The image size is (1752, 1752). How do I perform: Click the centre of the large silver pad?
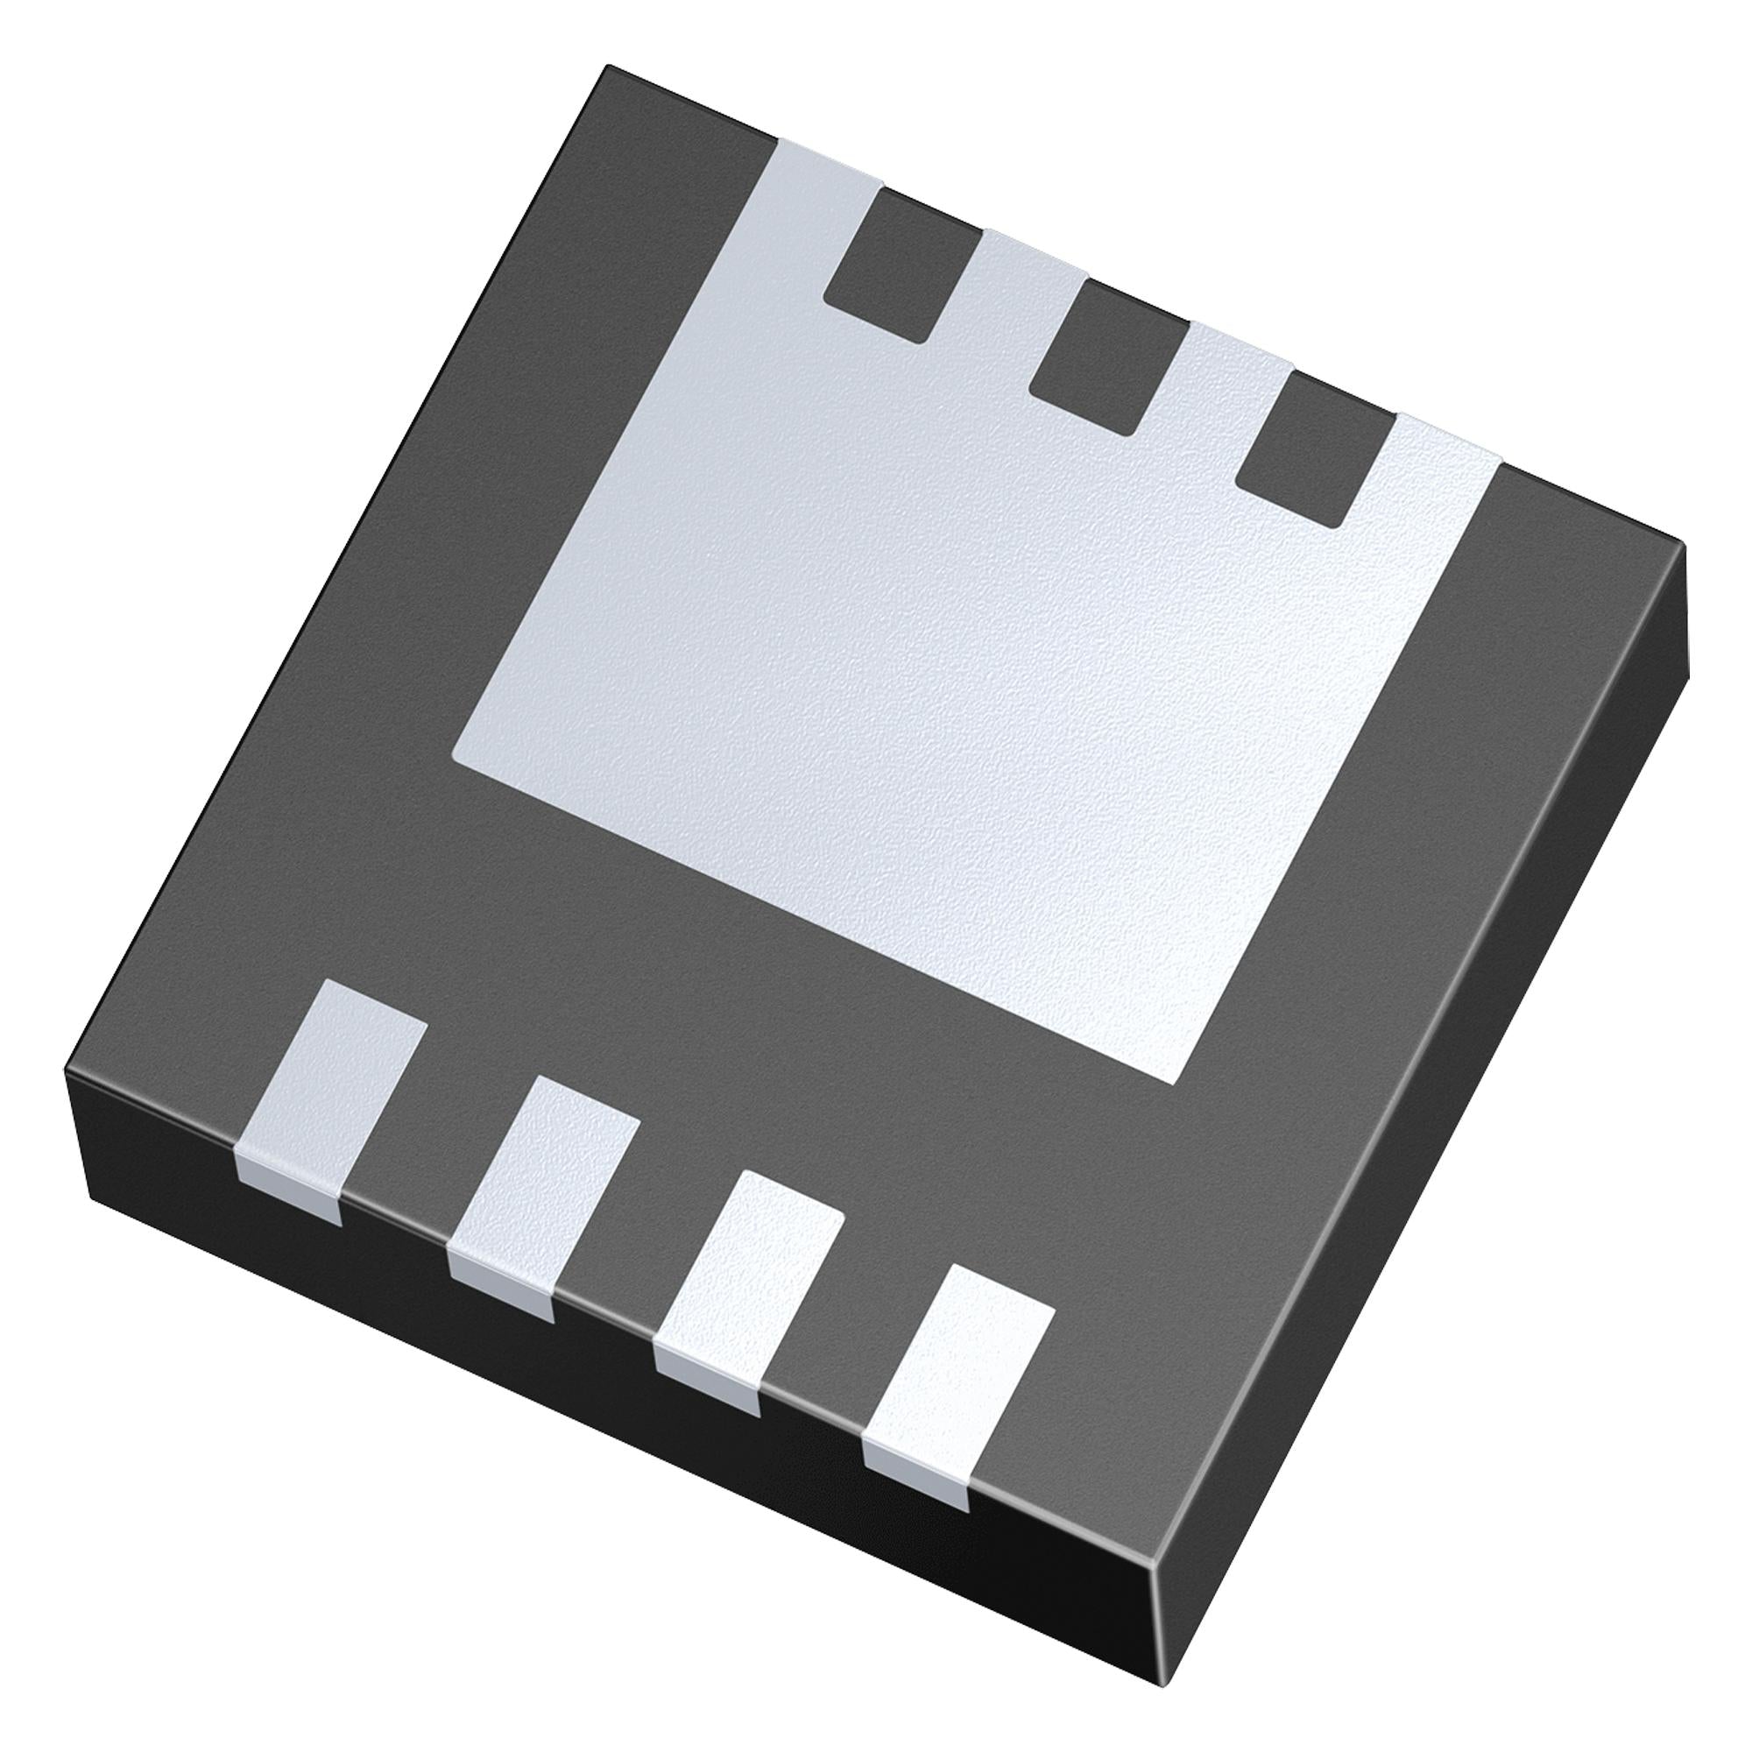pyautogui.click(x=907, y=689)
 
